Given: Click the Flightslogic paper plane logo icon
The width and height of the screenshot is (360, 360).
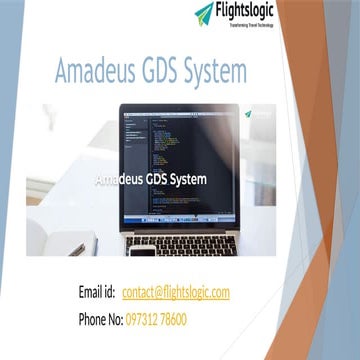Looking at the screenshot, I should pos(205,13).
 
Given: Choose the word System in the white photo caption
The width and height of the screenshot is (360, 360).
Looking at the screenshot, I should pos(189,180).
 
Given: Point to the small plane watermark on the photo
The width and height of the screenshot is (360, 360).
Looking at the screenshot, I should pos(247,114).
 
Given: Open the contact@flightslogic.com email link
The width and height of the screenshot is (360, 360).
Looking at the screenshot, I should pos(176,292).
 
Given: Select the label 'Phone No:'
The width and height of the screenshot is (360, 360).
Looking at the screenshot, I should pos(100,319).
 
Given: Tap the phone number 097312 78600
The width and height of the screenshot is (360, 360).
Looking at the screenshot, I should pos(157,319).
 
